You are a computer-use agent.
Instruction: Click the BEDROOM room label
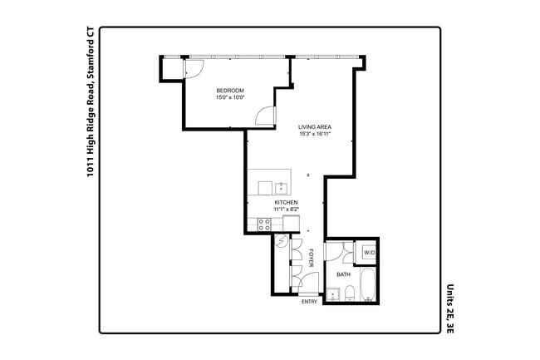[229, 91]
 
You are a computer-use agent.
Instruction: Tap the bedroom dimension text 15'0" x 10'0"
[229, 98]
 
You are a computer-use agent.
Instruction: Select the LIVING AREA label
[316, 127]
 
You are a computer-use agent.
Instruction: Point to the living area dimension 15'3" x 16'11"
[316, 135]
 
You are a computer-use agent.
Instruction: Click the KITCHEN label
[287, 203]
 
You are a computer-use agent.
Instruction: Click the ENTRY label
[309, 302]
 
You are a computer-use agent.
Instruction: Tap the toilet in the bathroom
[351, 293]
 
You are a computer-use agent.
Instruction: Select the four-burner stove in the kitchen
[264, 224]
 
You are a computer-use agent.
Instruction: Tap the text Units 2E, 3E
[450, 306]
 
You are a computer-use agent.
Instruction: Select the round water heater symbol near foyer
[282, 242]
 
